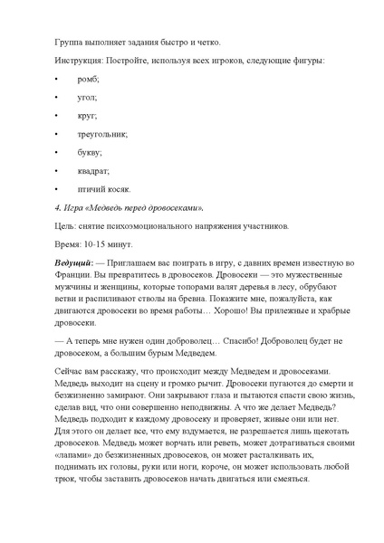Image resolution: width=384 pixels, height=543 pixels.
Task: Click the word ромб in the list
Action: coord(91,80)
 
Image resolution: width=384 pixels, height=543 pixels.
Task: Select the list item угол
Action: coord(89,98)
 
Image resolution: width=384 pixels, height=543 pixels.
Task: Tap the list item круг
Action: coord(89,116)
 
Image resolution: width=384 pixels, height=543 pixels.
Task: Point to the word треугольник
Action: coord(104,134)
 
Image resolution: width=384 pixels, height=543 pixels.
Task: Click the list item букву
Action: coord(91,152)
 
